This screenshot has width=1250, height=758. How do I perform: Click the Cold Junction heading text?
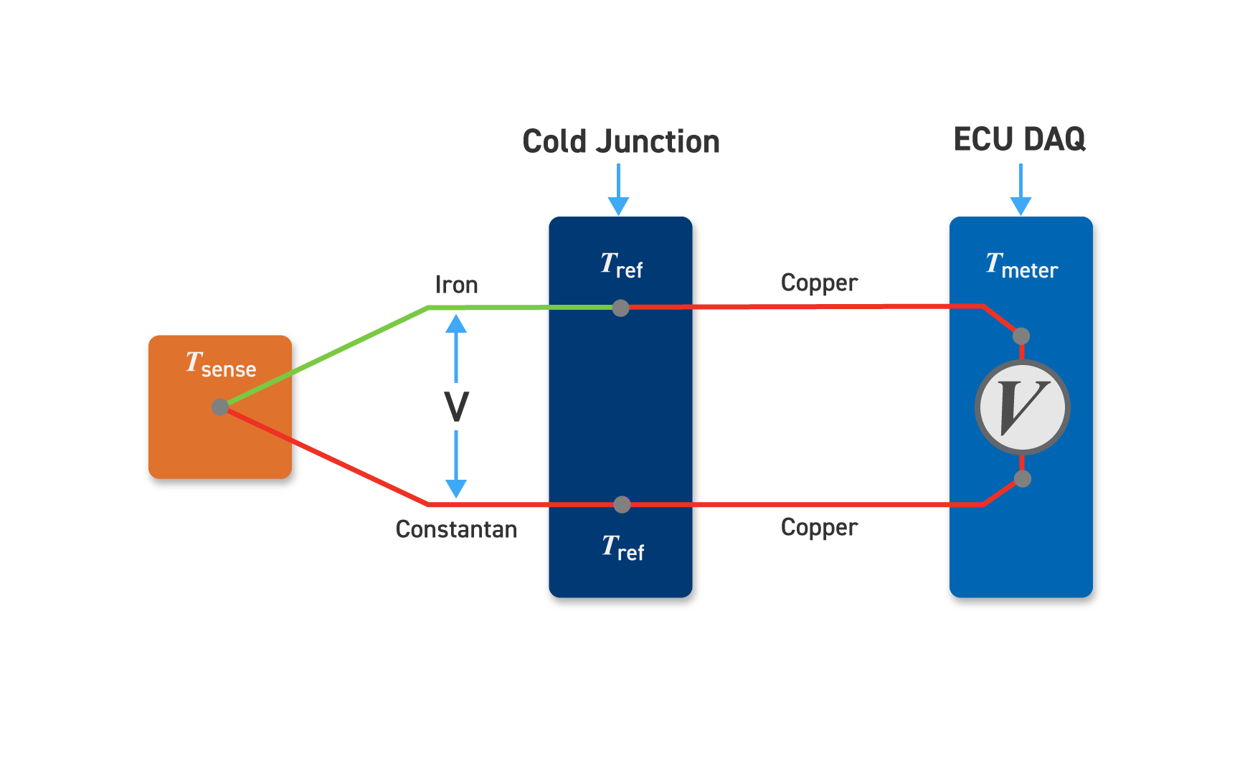(x=621, y=141)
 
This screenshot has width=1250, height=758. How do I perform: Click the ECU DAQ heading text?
(x=1019, y=139)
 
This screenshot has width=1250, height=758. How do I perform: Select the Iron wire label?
(x=456, y=285)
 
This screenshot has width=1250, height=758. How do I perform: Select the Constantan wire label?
(x=456, y=529)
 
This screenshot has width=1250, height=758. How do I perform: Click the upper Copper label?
(x=819, y=283)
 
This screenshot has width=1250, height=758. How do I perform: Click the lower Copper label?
(x=819, y=527)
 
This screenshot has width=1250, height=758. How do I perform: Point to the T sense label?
(x=221, y=364)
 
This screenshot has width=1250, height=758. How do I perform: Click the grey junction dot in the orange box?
(x=220, y=407)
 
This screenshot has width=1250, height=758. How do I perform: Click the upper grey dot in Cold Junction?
(x=621, y=308)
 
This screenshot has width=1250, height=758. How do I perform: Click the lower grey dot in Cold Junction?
(x=622, y=505)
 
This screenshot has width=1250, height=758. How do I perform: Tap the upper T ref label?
(x=621, y=265)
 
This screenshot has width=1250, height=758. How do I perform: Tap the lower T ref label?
(x=622, y=548)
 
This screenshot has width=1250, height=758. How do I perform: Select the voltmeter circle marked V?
(x=1023, y=407)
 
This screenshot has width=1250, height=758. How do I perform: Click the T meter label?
(x=1021, y=265)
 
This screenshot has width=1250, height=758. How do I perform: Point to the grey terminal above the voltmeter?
(x=1021, y=336)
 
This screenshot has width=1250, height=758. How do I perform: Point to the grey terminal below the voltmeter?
(x=1023, y=479)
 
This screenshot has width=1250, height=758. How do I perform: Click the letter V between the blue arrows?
(x=456, y=407)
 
